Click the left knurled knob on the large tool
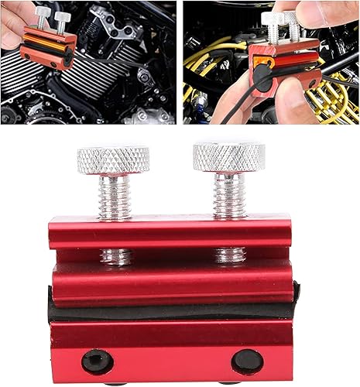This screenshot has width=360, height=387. pyautogui.click(x=115, y=161)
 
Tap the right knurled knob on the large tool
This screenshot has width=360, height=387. pyautogui.click(x=228, y=156)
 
